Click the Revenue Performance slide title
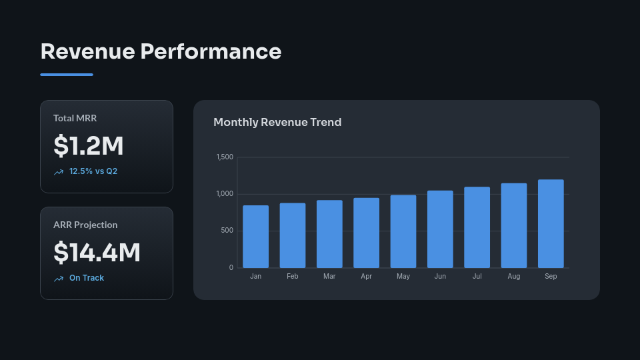click(x=161, y=51)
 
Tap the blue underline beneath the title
click(x=67, y=75)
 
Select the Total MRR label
click(x=75, y=118)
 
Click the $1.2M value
click(x=89, y=146)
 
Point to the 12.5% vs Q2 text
click(x=93, y=171)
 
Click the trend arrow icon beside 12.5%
click(x=59, y=172)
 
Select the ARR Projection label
click(x=85, y=225)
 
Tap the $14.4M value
click(x=97, y=253)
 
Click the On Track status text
click(x=87, y=278)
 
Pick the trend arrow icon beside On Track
click(x=59, y=279)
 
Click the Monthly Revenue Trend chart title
click(x=277, y=123)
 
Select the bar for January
click(x=255, y=237)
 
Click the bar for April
click(x=366, y=233)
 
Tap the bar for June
click(x=440, y=229)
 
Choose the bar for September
click(x=551, y=224)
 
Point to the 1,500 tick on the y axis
click(x=225, y=157)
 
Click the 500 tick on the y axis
click(x=227, y=231)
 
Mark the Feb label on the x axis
click(x=292, y=276)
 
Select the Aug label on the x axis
click(x=513, y=276)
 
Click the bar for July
click(x=477, y=227)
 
